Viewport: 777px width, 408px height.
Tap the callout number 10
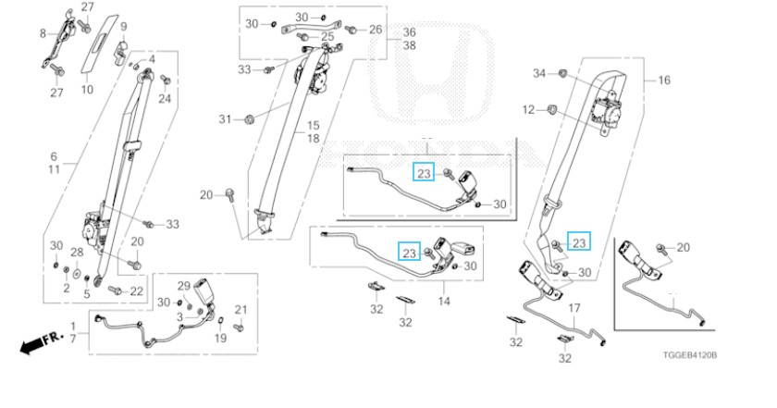tap(87, 90)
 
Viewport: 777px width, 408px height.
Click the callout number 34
tap(539, 72)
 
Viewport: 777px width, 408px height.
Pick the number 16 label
tap(663, 80)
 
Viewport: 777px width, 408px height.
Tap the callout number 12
tap(528, 110)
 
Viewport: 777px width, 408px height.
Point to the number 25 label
tap(327, 38)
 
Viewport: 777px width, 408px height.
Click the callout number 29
tap(183, 284)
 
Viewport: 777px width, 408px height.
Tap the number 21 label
tap(241, 308)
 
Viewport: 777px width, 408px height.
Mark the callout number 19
tap(220, 338)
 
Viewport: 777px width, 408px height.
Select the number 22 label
tap(137, 291)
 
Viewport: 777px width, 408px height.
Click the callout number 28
tap(77, 252)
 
